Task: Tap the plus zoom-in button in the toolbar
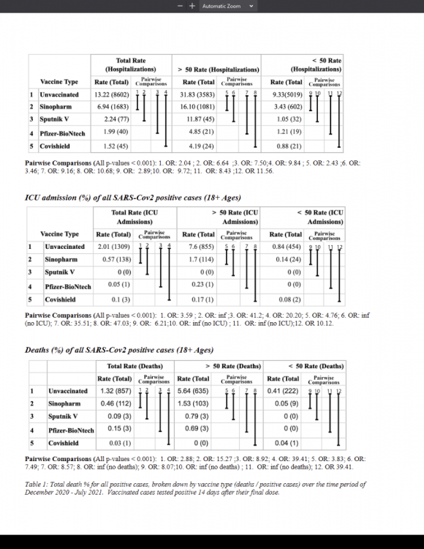192,6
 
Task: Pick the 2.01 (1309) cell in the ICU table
113,247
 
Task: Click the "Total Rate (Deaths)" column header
135,366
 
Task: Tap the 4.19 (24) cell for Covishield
199,146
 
